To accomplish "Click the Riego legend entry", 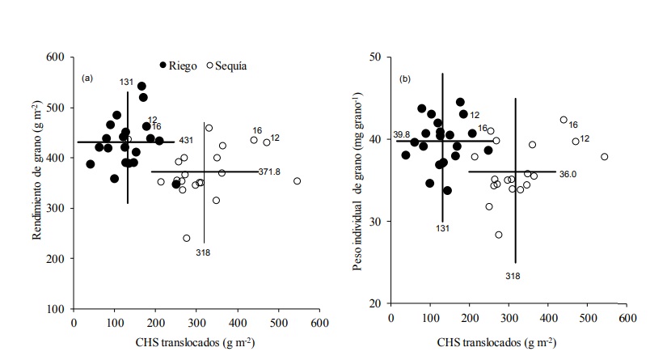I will pos(179,66).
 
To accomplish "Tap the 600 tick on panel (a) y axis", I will pos(54,57).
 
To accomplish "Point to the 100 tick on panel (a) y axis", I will pos(54,309).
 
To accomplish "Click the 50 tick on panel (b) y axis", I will pos(374,57).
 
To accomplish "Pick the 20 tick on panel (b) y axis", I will pos(374,303).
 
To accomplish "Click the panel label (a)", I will pos(88,78).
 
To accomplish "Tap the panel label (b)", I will pos(405,78).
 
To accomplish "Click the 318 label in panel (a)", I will pos(204,252).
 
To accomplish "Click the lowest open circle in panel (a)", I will pos(187,238).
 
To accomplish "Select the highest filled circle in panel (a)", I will pos(141,86).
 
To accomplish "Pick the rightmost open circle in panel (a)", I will pos(297,181).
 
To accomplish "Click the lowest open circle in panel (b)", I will pos(499,235).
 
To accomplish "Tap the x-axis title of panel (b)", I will pos(510,343).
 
